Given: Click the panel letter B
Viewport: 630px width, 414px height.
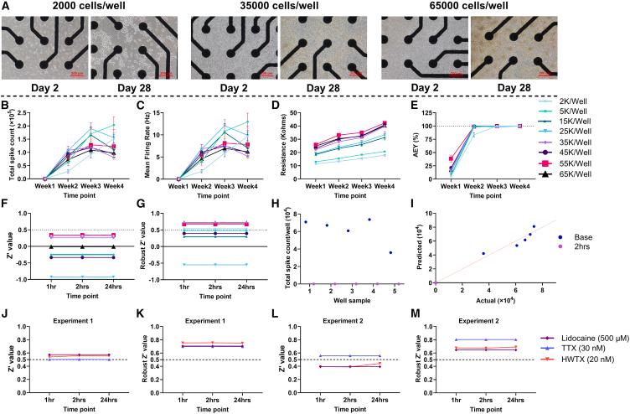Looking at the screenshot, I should pyautogui.click(x=6, y=106).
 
